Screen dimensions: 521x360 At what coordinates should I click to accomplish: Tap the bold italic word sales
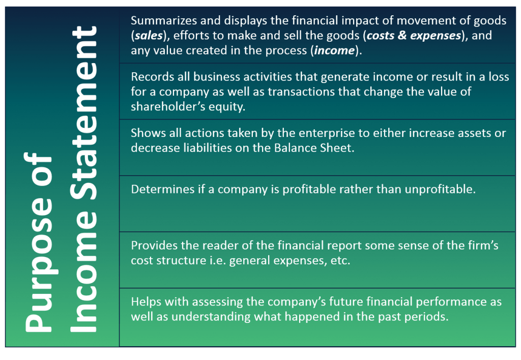click(x=149, y=35)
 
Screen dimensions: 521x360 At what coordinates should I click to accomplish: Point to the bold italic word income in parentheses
click(x=334, y=50)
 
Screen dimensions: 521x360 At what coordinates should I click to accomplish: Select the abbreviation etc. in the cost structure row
click(x=340, y=261)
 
